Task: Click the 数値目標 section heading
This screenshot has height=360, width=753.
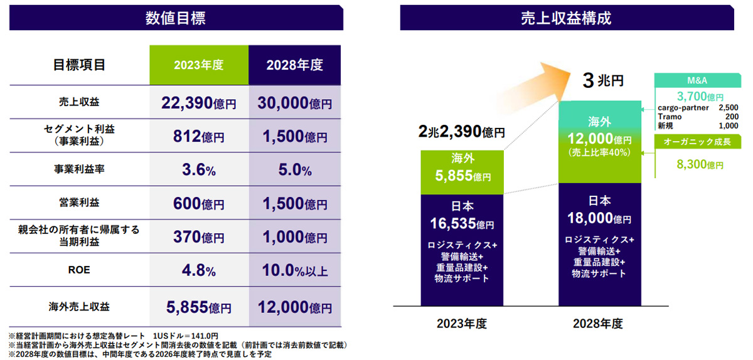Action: tap(176, 18)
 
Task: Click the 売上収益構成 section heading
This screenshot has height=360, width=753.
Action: tap(566, 18)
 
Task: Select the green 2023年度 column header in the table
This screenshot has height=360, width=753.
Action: tap(198, 65)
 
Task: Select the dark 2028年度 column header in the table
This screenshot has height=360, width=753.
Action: tap(294, 65)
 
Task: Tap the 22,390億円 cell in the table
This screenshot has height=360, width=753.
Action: tap(198, 103)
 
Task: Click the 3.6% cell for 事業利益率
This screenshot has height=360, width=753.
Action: tap(198, 169)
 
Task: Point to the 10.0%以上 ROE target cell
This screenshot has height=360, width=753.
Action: tap(294, 271)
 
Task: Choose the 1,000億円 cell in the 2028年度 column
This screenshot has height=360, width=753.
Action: tap(294, 237)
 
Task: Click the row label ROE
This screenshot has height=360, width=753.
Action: tap(79, 271)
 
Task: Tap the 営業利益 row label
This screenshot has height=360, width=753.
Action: tap(79, 203)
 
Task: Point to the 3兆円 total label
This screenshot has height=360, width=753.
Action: tap(603, 81)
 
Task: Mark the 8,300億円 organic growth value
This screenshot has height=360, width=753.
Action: tap(699, 165)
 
